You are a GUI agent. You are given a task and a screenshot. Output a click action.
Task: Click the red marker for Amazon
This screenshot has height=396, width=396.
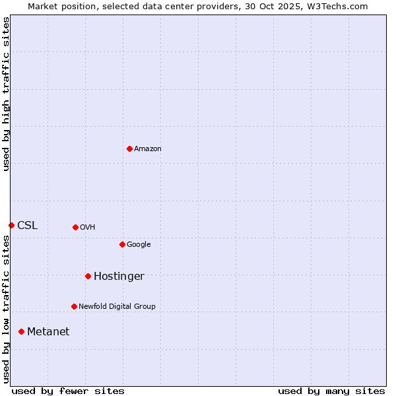point(129,148)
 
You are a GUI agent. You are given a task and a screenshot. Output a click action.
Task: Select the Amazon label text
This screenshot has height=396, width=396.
point(148,149)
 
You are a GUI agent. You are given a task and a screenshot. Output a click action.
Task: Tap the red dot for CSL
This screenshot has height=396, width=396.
point(11,225)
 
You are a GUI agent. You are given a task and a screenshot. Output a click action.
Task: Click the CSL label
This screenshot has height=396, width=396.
point(27,226)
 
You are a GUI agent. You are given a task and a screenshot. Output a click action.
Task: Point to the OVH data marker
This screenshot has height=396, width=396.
point(75,227)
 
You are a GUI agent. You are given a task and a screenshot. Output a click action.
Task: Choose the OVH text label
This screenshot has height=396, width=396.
point(88,228)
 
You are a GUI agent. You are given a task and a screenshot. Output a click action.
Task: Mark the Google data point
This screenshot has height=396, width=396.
point(122,244)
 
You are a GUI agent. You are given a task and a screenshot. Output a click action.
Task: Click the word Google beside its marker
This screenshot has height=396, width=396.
point(139,245)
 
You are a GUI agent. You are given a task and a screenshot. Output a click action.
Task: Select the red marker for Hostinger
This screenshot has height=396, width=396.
point(88,276)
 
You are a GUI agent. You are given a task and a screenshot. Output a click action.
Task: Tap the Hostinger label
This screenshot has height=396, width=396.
point(119,277)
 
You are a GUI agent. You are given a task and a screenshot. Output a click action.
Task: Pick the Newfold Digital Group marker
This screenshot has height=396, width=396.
point(74,306)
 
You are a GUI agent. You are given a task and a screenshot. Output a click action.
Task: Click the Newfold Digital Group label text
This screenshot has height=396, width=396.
point(117,307)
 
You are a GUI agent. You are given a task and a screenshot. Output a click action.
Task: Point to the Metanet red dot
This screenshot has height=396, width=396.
point(21,331)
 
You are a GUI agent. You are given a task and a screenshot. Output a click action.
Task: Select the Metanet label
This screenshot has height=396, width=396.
point(48,332)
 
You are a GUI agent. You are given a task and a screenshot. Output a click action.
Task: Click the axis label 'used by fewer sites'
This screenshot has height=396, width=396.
point(68,391)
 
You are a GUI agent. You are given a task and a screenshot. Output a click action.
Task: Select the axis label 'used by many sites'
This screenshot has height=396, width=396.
point(331,391)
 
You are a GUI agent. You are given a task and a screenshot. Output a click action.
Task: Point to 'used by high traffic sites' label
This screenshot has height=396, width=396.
point(6,94)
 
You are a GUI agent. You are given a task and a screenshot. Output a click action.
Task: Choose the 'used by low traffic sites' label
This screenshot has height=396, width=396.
point(6,309)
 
